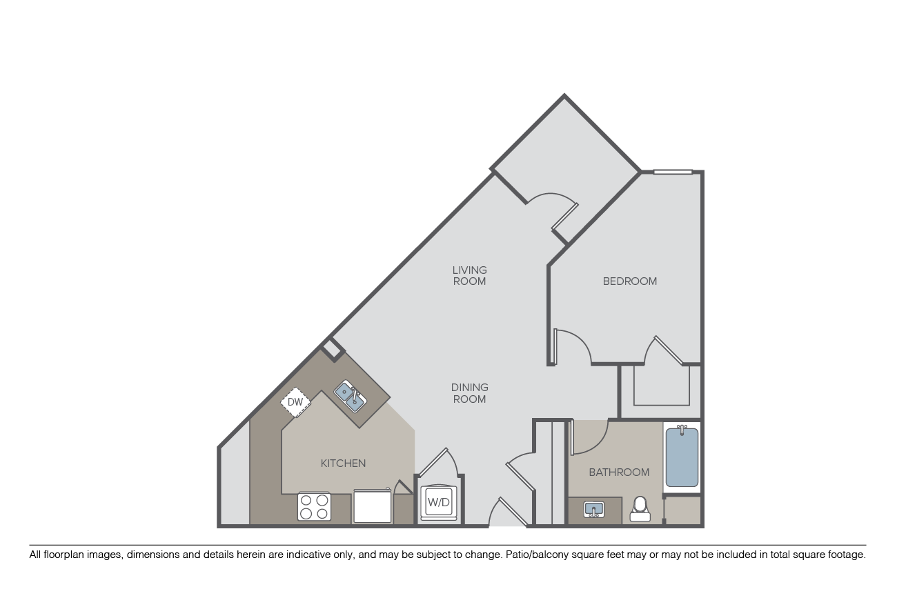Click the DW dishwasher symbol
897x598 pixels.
tap(295, 402)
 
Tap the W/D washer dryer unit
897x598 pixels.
tap(438, 502)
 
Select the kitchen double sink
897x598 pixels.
tap(350, 397)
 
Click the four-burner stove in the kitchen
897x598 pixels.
tap(314, 506)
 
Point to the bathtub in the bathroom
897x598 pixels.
tap(682, 457)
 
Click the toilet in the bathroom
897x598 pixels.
tap(640, 509)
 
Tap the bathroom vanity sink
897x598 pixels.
tap(594, 510)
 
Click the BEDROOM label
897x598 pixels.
tap(629, 281)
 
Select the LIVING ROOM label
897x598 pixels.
tap(469, 276)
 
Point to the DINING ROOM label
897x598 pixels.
tap(469, 393)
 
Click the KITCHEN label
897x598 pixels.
tap(343, 463)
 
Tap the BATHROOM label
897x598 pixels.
tap(619, 472)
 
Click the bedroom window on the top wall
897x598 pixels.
tap(673, 172)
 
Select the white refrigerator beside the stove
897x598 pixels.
tap(373, 505)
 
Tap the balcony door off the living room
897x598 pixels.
tap(564, 217)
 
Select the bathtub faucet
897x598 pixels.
tap(682, 430)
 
